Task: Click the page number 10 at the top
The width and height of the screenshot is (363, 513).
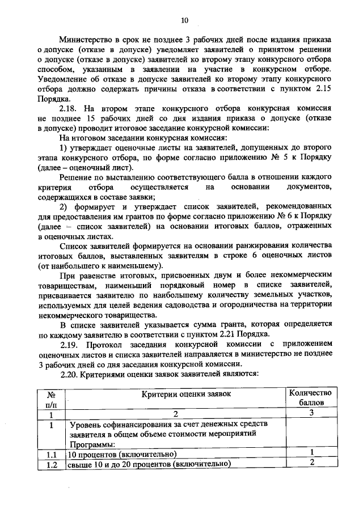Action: coord(184,21)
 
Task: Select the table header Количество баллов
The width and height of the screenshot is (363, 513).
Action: coord(310,397)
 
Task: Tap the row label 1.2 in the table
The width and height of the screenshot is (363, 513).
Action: coord(51,465)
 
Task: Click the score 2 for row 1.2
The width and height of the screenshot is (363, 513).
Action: coord(311,464)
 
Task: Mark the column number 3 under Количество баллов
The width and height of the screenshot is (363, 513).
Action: coord(311,413)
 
